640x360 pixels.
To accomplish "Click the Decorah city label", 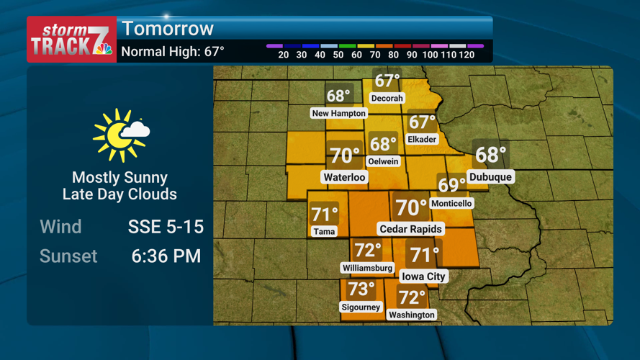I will [x=387, y=98].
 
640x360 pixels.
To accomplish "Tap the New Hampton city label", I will [x=338, y=113].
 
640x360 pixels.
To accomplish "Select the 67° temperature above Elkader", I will [x=422, y=122].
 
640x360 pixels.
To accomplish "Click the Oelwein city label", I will [x=383, y=161].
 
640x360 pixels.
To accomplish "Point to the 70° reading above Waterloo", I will [x=344, y=156].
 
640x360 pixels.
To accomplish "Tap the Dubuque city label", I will [x=490, y=176].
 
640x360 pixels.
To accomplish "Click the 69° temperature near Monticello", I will [x=451, y=186].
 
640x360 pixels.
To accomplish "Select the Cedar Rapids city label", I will [x=411, y=229].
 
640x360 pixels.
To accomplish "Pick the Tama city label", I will [x=324, y=231].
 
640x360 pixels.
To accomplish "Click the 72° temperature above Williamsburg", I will [x=367, y=251].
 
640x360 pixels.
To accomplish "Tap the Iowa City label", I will [x=423, y=276].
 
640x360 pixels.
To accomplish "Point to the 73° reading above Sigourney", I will [x=361, y=289].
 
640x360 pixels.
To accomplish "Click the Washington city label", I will [x=411, y=315].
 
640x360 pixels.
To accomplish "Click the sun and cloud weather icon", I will [x=120, y=135].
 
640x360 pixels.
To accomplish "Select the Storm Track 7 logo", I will [x=71, y=40].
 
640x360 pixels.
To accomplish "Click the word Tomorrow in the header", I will [x=168, y=29].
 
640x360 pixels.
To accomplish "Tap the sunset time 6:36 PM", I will [x=166, y=256].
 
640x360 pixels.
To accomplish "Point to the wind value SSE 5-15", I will [x=166, y=227].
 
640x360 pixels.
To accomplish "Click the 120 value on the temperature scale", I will [x=466, y=55].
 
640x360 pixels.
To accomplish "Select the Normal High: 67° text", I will [x=173, y=52].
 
